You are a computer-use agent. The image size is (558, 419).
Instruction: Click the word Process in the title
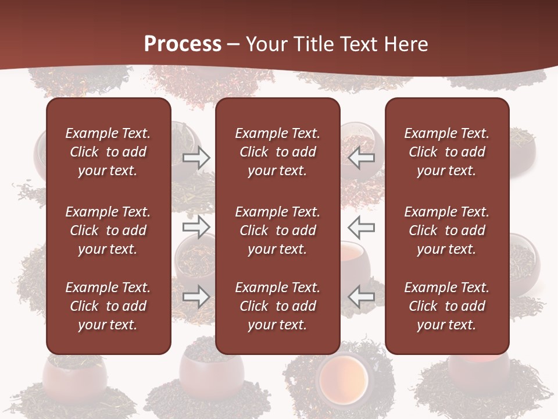[x=183, y=44]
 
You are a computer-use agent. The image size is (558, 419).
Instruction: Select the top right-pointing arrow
[x=196, y=158]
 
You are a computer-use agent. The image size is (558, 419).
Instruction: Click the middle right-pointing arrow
[x=196, y=227]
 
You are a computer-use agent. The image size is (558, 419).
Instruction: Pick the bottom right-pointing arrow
[x=196, y=297]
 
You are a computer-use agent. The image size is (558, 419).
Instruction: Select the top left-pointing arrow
[x=362, y=157]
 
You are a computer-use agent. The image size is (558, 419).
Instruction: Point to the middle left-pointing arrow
[x=362, y=227]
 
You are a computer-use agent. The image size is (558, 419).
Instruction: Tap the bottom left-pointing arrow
[x=362, y=297]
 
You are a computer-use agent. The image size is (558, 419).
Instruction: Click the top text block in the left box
[x=108, y=152]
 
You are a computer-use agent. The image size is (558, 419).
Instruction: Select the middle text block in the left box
[x=108, y=230]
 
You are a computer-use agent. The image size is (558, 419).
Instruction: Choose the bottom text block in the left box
[x=108, y=306]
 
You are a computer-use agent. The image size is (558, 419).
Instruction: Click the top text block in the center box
[x=278, y=152]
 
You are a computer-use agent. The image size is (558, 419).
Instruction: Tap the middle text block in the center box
[x=278, y=230]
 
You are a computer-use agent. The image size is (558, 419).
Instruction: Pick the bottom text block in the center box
[x=278, y=306]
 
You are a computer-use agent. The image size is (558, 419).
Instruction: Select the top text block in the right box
[x=447, y=152]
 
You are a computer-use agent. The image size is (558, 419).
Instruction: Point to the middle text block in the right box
[x=447, y=230]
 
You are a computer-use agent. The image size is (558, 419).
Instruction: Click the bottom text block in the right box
[x=447, y=306]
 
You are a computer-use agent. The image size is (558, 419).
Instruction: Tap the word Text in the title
[x=359, y=44]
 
